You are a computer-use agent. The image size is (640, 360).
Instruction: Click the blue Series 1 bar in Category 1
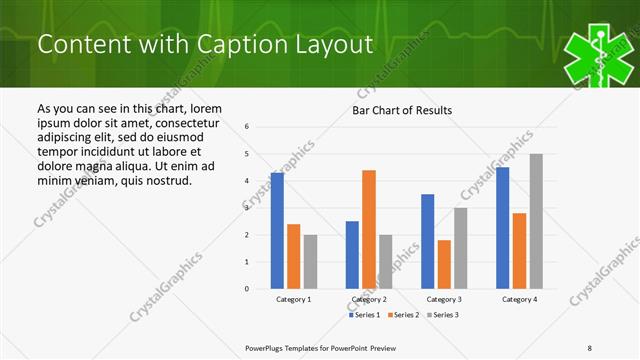point(277,231)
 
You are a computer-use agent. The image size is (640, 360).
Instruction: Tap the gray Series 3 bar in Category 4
point(536,221)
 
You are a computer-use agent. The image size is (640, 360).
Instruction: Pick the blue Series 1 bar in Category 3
point(428,241)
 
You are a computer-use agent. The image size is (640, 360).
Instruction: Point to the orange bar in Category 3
point(444,264)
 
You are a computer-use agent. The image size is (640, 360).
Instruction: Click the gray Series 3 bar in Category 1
point(310,262)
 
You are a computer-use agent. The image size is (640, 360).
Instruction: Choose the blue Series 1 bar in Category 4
point(503,228)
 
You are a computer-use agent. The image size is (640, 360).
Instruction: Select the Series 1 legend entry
point(363,315)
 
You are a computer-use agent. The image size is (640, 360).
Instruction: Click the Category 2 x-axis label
point(369,299)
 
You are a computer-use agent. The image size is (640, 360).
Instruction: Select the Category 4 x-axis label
point(519,299)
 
